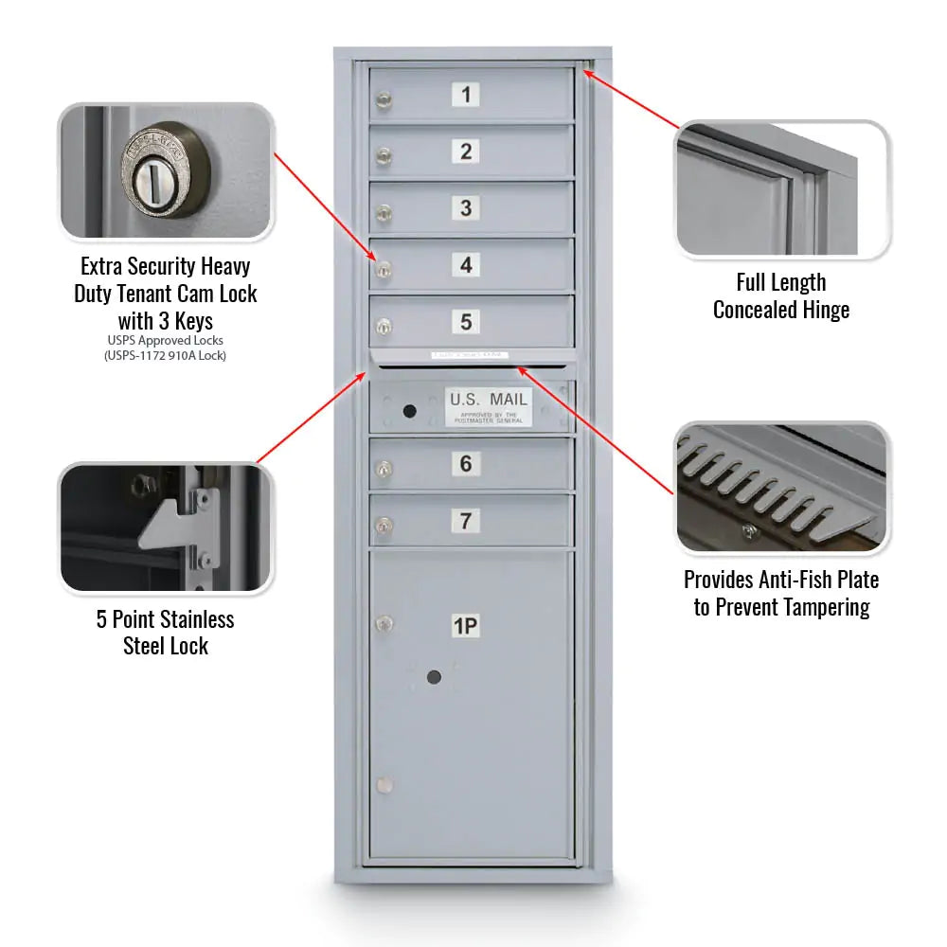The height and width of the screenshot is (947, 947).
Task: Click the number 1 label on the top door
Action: point(465,95)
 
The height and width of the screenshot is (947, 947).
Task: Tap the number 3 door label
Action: point(465,207)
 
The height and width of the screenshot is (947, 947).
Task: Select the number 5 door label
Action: point(465,321)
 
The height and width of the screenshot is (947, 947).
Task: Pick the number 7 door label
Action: point(465,521)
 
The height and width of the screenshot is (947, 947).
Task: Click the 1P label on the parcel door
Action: point(465,626)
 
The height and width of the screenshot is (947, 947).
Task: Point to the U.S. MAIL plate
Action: point(489,406)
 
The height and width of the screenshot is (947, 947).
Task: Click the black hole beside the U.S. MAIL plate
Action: point(409,411)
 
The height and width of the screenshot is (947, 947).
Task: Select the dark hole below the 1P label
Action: point(434,677)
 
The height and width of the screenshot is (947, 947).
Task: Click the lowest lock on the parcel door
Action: point(383,785)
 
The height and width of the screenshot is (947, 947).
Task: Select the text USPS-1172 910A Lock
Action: point(165,355)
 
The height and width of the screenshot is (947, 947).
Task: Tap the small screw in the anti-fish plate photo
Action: point(748,531)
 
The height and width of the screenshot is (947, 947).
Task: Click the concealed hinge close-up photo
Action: point(780,188)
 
